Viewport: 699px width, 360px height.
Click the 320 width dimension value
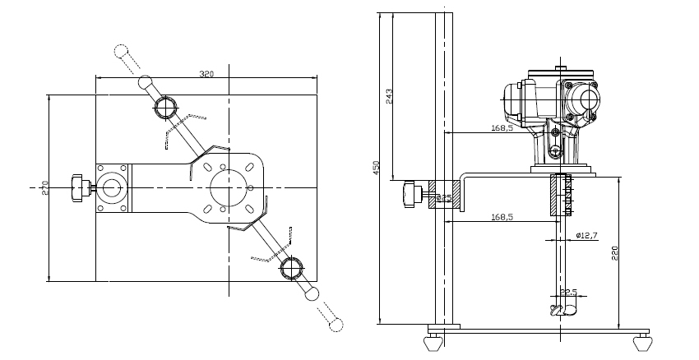[x=206, y=74]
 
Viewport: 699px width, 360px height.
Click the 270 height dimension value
[x=46, y=188]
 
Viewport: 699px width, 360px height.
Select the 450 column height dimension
[x=377, y=168]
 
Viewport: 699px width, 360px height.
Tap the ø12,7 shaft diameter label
[x=586, y=236]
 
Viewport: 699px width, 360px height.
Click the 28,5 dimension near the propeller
[x=567, y=292]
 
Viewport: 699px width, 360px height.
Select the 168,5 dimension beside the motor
[x=502, y=128]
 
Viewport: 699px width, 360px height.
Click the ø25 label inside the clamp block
[x=443, y=198]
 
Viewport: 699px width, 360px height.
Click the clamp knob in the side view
[x=411, y=196]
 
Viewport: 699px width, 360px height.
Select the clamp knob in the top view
[x=80, y=187]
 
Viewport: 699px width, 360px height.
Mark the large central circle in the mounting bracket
[x=226, y=188]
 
